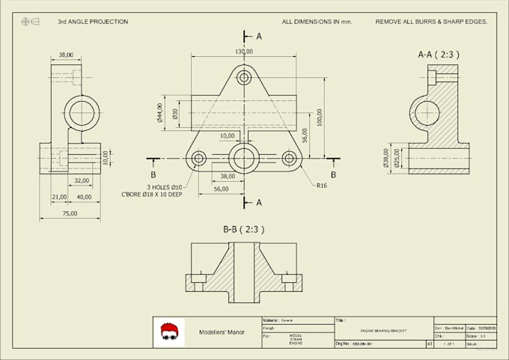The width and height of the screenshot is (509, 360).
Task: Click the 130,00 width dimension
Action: pos(243,52)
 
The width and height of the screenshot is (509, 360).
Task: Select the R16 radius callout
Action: pos(323,185)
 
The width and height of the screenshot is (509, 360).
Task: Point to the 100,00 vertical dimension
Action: pos(320,117)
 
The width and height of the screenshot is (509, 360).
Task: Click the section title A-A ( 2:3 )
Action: pos(439,55)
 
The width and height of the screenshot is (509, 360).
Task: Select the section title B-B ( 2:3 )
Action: pos(243,229)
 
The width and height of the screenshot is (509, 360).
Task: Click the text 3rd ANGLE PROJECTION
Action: pos(93,22)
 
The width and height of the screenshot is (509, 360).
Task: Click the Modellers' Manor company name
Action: pos(222,332)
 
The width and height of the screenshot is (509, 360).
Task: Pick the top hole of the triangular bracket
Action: pos(243,76)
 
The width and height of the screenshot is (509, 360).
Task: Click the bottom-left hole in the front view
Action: pos(199,158)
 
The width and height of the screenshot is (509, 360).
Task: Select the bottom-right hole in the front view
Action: pos(289,158)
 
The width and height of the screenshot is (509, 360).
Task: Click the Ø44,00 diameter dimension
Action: pos(160,113)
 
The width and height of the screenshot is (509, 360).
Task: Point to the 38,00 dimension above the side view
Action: pos(66,55)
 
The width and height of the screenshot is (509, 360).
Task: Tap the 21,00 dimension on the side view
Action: pos(59,197)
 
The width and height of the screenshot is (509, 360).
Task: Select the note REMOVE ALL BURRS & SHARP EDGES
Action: pos(431,22)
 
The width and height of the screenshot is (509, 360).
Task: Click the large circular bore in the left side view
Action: pos(82,112)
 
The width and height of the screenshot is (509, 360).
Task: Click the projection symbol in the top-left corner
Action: pos(30,22)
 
